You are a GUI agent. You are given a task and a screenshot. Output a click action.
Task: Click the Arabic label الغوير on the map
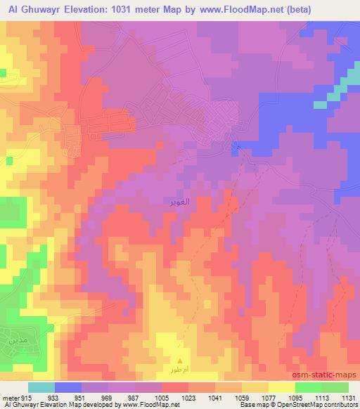point(179,202)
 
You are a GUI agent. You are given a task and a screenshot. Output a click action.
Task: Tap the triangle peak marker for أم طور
point(179,361)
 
